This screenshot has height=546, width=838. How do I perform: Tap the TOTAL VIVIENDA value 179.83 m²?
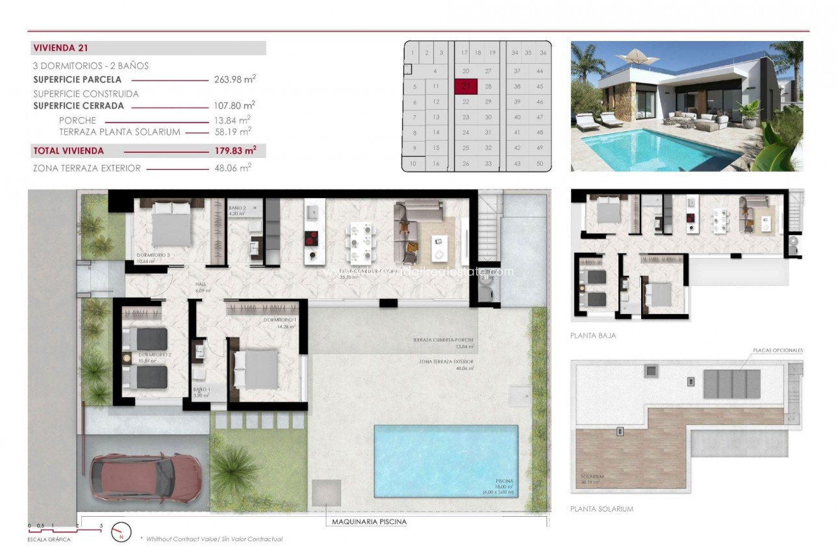click(x=235, y=151)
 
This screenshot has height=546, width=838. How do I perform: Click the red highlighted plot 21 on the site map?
click(x=465, y=86)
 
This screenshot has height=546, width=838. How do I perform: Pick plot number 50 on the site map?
click(x=539, y=164)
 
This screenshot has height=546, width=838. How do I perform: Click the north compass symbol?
click(x=121, y=532)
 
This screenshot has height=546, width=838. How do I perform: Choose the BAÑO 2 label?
click(x=237, y=208)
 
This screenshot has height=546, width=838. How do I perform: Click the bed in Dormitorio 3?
click(x=171, y=224)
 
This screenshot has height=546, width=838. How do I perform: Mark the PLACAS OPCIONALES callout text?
click(x=778, y=350)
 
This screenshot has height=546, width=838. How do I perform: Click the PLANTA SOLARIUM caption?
click(x=601, y=509)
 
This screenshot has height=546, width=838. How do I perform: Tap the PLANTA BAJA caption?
click(x=592, y=335)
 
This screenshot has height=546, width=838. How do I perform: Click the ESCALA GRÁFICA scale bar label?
click(x=49, y=539)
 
